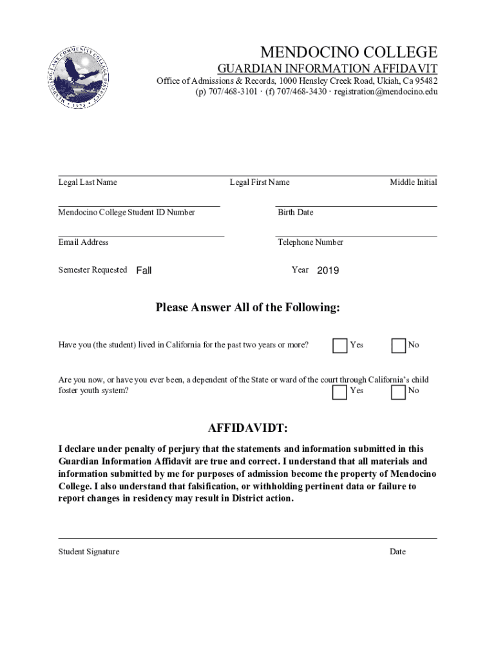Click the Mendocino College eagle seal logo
pyautogui.click(x=78, y=76)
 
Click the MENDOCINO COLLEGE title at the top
pyautogui.click(x=348, y=52)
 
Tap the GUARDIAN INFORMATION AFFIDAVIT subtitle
pyautogui.click(x=327, y=68)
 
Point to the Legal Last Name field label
pyautogui.click(x=88, y=182)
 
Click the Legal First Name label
pyautogui.click(x=260, y=182)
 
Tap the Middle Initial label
pyautogui.click(x=413, y=182)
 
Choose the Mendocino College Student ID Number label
pyautogui.click(x=126, y=212)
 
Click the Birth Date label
pyautogui.click(x=295, y=212)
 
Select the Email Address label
pyautogui.click(x=83, y=242)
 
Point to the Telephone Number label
pyautogui.click(x=310, y=242)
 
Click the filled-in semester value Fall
pyautogui.click(x=144, y=271)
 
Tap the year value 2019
pyautogui.click(x=328, y=271)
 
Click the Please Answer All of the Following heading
pyautogui.click(x=247, y=307)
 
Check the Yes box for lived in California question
pyautogui.click(x=339, y=345)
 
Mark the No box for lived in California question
pyautogui.click(x=399, y=345)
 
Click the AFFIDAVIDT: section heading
pyautogui.click(x=247, y=429)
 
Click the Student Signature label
pyautogui.click(x=89, y=552)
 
